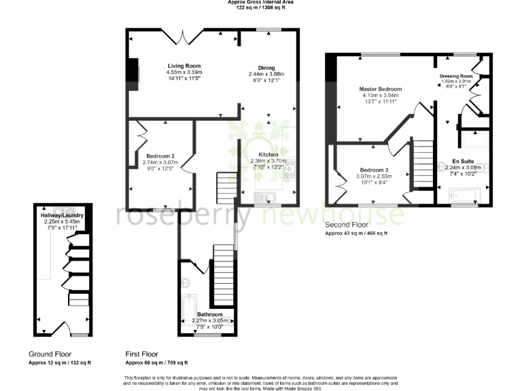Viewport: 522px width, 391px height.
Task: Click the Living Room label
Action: (x=184, y=66)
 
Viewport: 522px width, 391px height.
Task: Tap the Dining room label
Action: (x=266, y=68)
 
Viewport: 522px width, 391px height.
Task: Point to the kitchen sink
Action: (x=264, y=197)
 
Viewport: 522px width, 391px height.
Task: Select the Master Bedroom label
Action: (x=381, y=89)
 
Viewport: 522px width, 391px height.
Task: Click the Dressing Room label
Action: (x=456, y=76)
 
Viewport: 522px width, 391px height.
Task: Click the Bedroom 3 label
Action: (x=375, y=169)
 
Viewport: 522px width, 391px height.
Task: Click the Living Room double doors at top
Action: (x=185, y=35)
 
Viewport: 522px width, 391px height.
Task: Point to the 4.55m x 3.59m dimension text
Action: (x=184, y=72)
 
